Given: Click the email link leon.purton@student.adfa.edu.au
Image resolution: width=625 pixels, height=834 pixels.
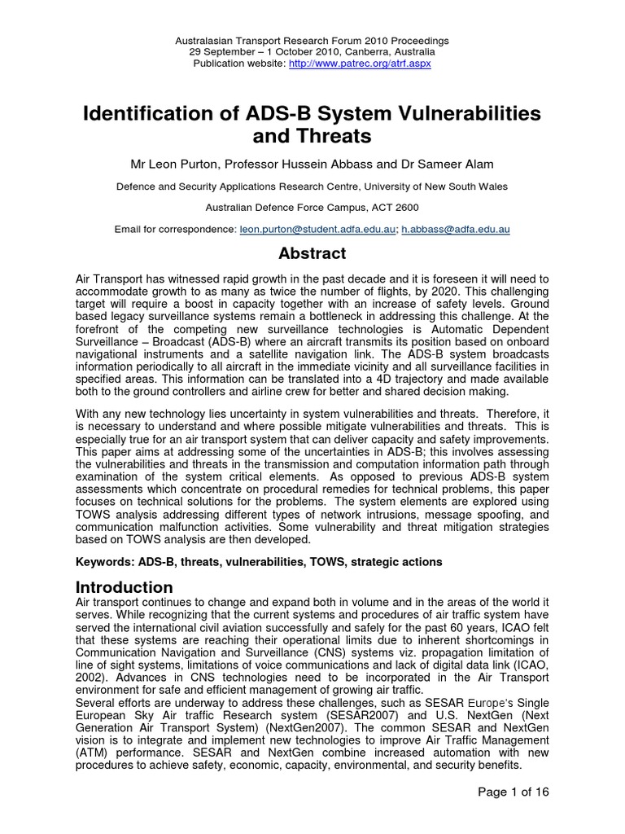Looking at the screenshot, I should tap(317, 230).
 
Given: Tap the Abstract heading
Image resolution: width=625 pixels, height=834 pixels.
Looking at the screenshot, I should tap(312, 253).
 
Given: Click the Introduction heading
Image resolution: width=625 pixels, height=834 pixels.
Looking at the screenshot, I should tap(125, 586).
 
